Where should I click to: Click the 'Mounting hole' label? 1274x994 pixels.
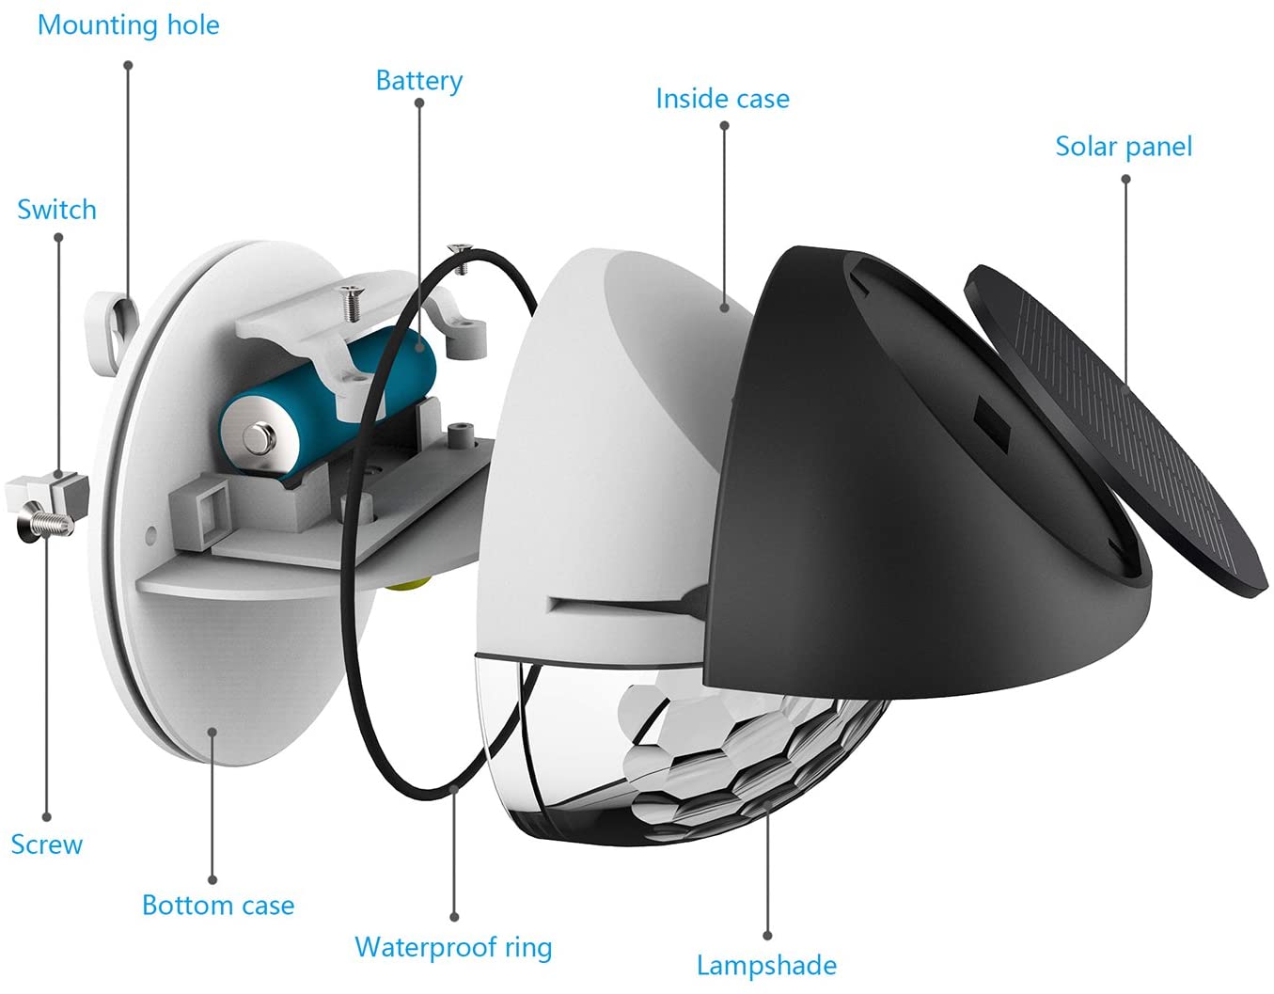128,24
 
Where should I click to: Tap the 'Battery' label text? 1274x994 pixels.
418,81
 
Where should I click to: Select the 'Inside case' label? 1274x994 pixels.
722,99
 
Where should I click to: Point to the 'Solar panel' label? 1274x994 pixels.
1124,147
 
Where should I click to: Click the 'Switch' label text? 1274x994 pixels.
56,210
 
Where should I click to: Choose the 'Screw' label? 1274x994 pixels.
46,844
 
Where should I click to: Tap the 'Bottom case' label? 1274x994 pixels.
218,906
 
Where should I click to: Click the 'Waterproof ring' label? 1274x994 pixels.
453,947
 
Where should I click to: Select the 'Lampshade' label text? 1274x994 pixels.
766,966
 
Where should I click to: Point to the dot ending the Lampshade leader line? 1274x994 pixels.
767,936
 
